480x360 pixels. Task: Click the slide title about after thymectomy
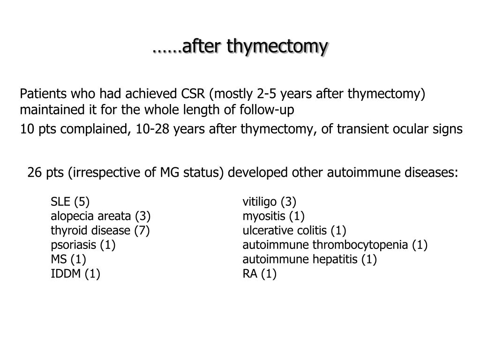(240, 46)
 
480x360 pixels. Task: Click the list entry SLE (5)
(70, 202)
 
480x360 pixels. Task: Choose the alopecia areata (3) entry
(100, 216)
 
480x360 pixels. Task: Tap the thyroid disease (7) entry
(100, 231)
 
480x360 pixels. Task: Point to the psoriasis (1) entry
(83, 245)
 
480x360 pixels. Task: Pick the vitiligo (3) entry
(269, 202)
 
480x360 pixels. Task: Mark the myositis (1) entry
(273, 216)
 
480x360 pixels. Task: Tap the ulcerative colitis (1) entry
(294, 231)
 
